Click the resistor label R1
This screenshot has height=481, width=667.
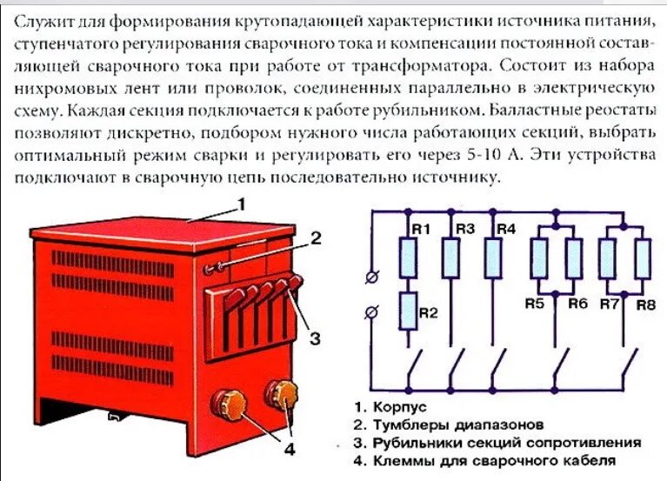point(421,229)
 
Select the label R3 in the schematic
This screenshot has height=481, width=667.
point(464,229)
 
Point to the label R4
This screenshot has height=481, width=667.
point(504,229)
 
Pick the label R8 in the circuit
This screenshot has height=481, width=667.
point(644,304)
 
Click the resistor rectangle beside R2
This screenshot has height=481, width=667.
point(407,311)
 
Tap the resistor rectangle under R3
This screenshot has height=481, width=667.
point(450,258)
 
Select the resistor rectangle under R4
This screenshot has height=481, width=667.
point(493,258)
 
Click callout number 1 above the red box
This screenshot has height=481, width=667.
point(243,204)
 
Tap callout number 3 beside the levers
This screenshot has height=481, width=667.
point(316,337)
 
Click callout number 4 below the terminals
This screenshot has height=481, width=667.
point(289,449)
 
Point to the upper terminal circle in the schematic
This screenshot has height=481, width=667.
point(373,277)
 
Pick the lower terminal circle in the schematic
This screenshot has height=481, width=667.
point(373,311)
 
